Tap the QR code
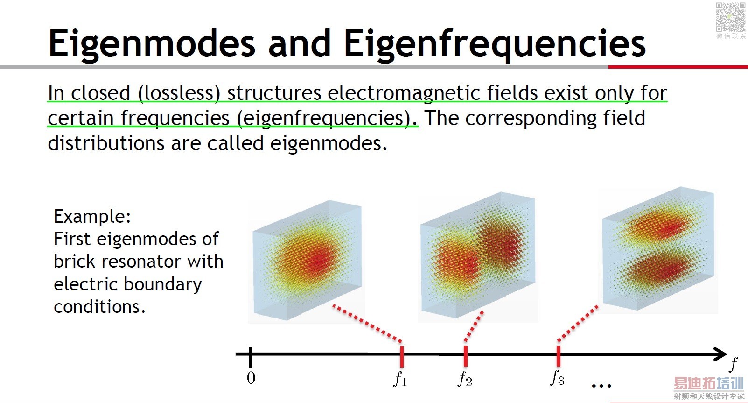click(731, 17)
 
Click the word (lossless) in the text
click(179, 93)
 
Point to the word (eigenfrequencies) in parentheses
click(327, 119)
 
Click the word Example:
click(92, 217)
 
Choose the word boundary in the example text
click(163, 285)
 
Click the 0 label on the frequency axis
click(251, 378)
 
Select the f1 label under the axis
click(400, 379)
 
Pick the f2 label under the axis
click(465, 379)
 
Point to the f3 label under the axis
click(557, 378)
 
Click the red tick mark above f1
click(402, 357)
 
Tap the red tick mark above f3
click(559, 356)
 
